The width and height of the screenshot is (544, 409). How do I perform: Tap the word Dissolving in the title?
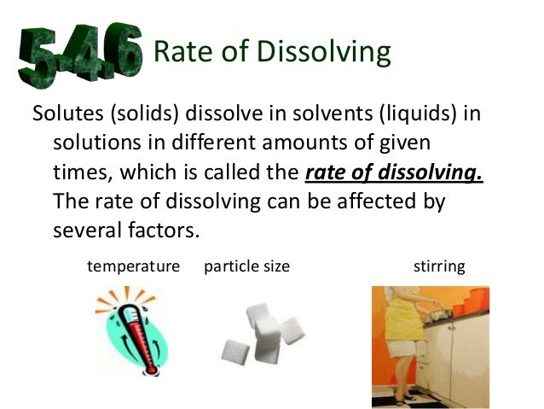tap(319, 53)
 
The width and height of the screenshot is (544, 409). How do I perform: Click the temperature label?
tap(134, 266)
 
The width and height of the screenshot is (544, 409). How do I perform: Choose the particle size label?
tap(247, 266)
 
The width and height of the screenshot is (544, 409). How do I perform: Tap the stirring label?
tap(438, 266)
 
